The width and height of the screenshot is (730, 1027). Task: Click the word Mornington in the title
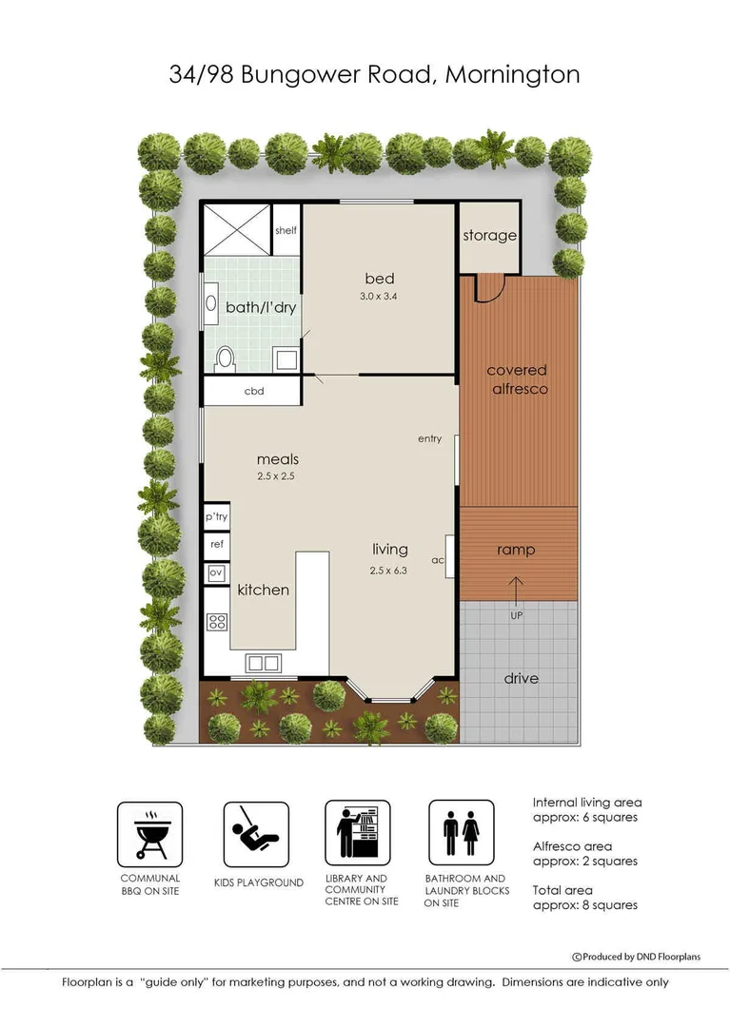pyautogui.click(x=512, y=75)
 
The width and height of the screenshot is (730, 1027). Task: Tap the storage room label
pyautogui.click(x=489, y=235)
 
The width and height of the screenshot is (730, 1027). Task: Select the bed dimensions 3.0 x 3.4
pyautogui.click(x=379, y=296)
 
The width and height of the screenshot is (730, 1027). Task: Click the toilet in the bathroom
pyautogui.click(x=226, y=357)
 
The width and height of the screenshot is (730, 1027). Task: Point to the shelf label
pyautogui.click(x=286, y=230)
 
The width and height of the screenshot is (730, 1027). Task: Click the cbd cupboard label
pyautogui.click(x=253, y=391)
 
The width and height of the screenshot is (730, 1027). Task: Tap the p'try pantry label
pyautogui.click(x=215, y=516)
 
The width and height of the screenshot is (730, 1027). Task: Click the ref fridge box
pyautogui.click(x=216, y=545)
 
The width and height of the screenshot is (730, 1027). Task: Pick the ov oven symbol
pyautogui.click(x=216, y=573)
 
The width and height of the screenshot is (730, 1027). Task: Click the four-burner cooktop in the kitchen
pyautogui.click(x=217, y=622)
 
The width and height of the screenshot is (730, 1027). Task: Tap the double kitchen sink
pyautogui.click(x=263, y=663)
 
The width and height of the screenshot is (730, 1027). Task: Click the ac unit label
pyautogui.click(x=438, y=560)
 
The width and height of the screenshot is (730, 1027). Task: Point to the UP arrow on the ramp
pyautogui.click(x=517, y=592)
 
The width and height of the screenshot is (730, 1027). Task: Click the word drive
pyautogui.click(x=520, y=678)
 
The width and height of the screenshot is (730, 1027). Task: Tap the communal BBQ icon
pyautogui.click(x=149, y=834)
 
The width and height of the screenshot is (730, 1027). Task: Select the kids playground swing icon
pyautogui.click(x=256, y=834)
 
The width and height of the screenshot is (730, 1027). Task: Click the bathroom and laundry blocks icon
pyautogui.click(x=461, y=834)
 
